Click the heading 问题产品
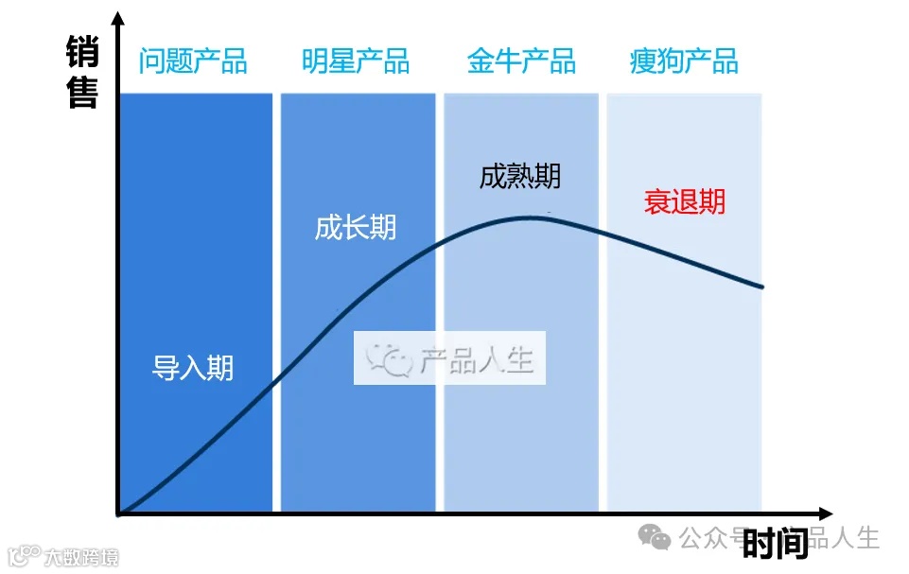coord(193,61)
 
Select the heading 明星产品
coord(356,61)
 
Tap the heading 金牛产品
coord(521,61)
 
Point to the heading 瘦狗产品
coord(684,61)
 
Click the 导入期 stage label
coord(193,368)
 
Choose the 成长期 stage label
coord(356,228)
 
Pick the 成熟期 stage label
coord(520,177)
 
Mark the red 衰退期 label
coord(685,201)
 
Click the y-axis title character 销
coord(83,52)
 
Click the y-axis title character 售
coord(83,93)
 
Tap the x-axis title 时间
coord(775,544)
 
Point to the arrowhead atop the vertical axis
coord(117,17)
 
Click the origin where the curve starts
coord(119,513)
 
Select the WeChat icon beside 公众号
coord(655,537)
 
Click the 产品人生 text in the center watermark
coord(477,359)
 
